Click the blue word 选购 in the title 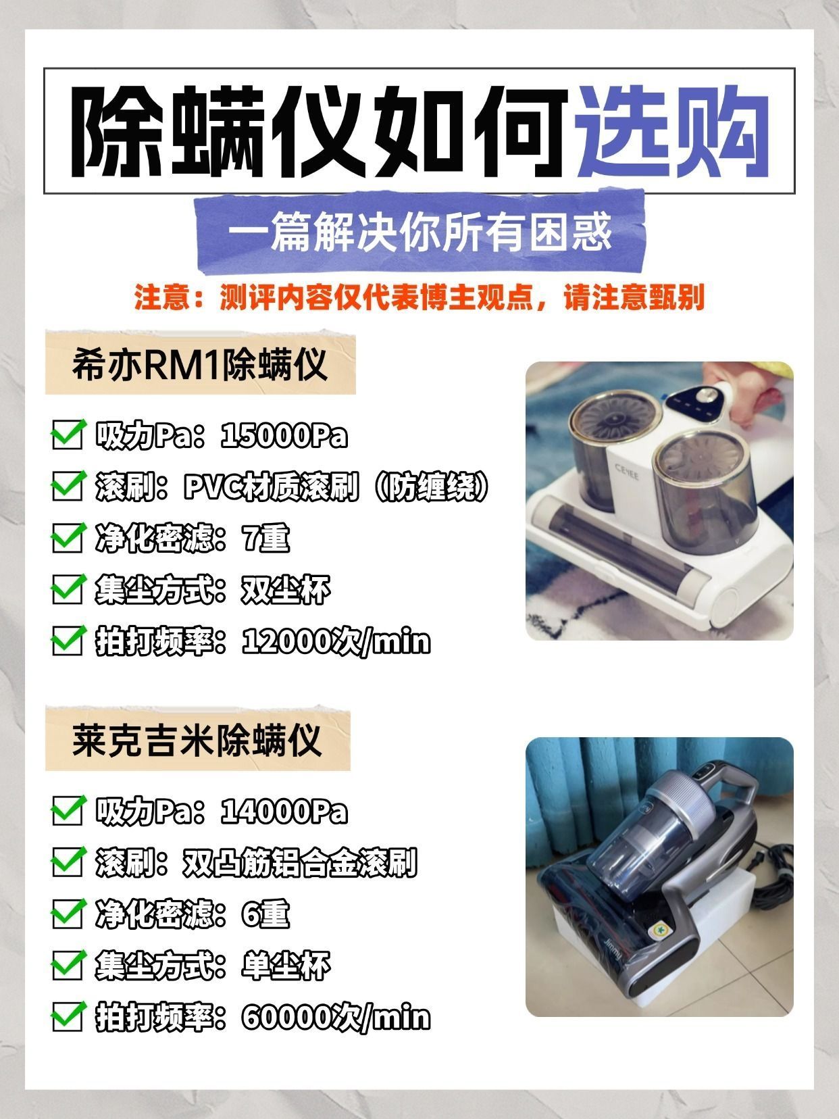point(672,131)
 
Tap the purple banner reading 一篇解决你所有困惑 point(421,232)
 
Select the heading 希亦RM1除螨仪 point(200,364)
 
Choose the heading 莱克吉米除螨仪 point(197,740)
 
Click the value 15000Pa point(284,437)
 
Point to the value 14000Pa point(284,812)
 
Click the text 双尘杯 point(286,590)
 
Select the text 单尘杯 point(286,966)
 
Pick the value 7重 point(266,539)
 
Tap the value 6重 point(266,914)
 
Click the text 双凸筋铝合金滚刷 point(300,863)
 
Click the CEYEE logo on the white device point(627,472)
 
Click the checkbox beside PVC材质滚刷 point(68,487)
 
